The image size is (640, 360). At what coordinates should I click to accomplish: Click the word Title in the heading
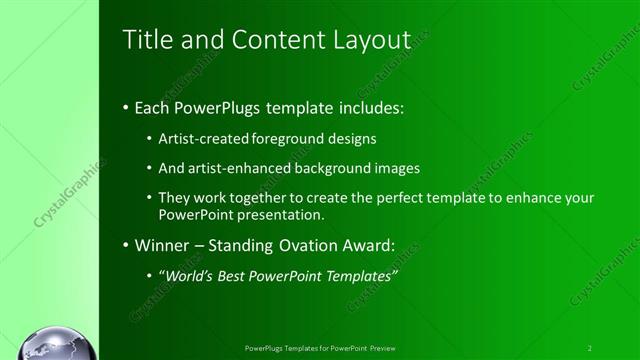click(144, 40)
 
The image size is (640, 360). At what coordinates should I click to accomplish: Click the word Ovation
click(314, 245)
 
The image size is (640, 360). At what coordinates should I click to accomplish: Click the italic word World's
click(189, 275)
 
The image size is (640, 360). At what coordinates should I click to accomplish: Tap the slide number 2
click(590, 348)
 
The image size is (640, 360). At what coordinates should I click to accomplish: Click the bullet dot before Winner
click(125, 246)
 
